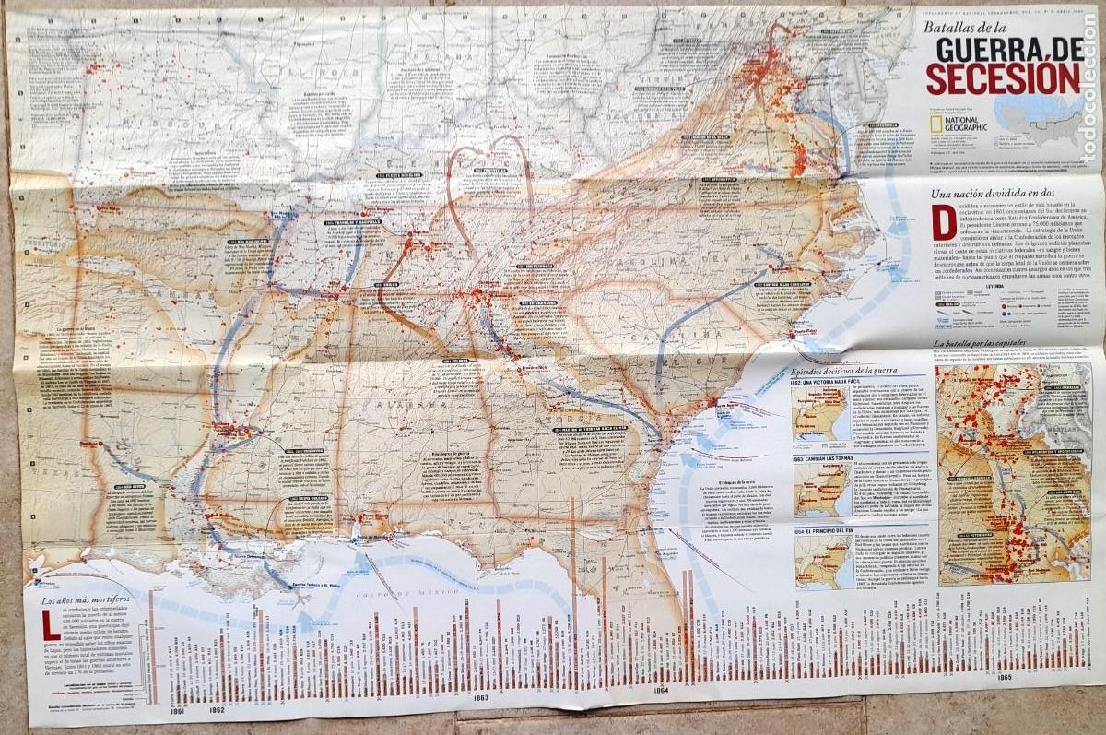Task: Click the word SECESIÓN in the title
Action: (x=1003, y=77)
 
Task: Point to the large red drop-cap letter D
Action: (x=941, y=221)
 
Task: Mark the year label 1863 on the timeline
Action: (x=480, y=698)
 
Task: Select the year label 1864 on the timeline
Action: (x=660, y=691)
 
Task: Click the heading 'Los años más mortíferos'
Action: (x=91, y=601)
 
